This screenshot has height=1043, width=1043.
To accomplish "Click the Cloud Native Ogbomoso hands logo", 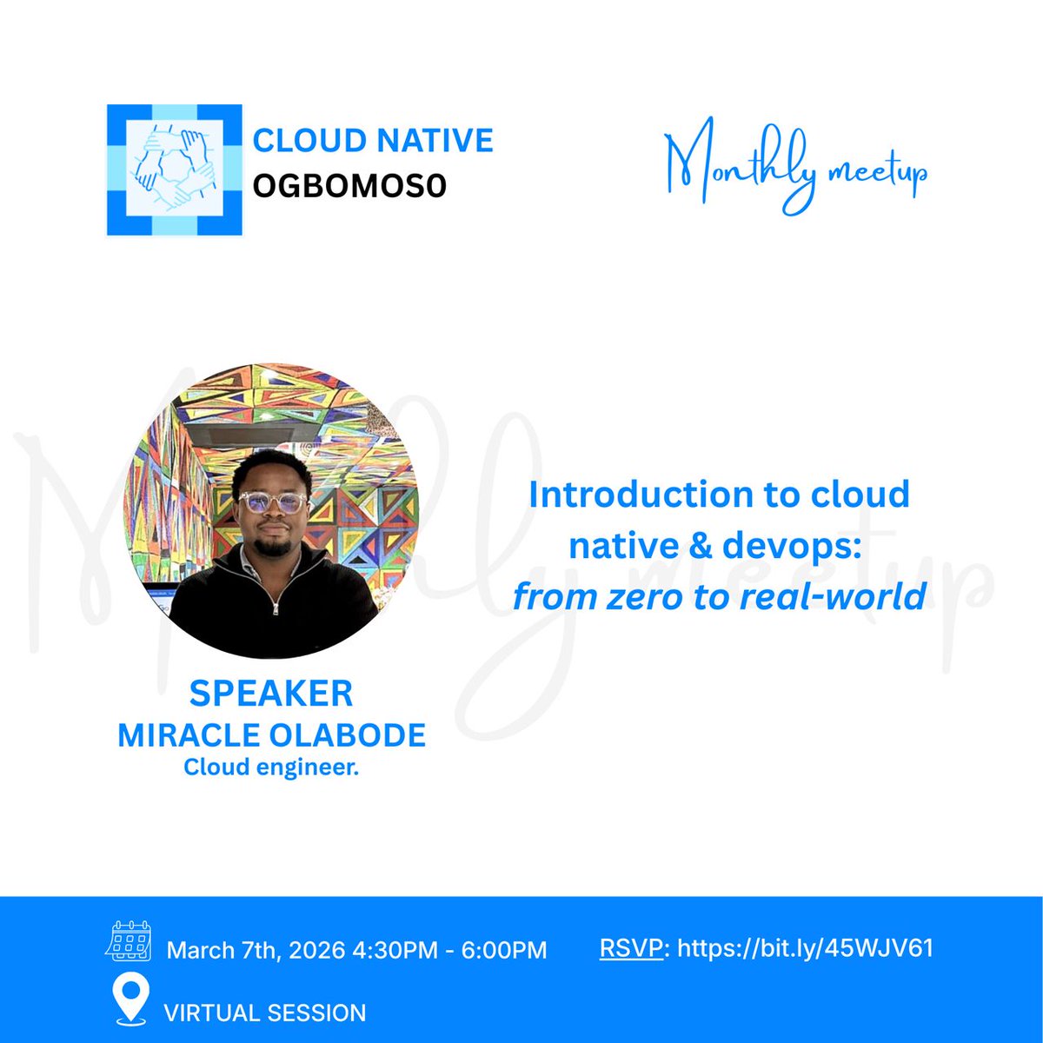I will coord(173,170).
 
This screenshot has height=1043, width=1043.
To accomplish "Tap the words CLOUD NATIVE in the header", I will coord(373,141).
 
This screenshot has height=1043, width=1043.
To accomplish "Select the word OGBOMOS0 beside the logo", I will coord(349,185).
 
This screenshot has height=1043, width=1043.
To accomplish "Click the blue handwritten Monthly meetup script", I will coord(794,169).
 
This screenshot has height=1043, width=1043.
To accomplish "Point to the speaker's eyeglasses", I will coord(273,502).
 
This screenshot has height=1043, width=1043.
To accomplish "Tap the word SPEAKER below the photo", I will coord(271,694).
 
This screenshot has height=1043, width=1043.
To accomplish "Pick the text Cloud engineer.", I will coord(271,767).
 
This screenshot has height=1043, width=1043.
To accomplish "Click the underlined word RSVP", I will coord(631,947).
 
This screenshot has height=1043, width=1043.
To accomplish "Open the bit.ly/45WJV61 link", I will coord(805,947).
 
